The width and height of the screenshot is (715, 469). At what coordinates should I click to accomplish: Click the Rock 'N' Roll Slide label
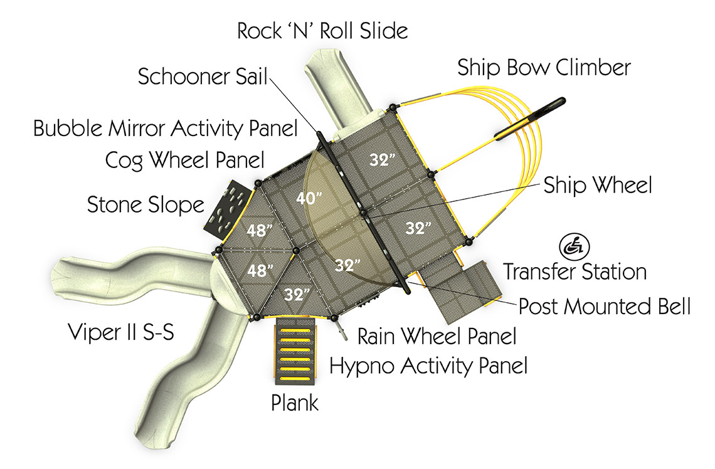pyautogui.click(x=322, y=31)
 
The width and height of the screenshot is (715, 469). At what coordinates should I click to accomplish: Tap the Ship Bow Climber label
pyautogui.click(x=544, y=67)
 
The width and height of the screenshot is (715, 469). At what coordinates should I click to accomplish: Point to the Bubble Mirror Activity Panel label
pyautogui.click(x=165, y=129)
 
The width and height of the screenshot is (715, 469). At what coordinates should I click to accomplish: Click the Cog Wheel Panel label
pyautogui.click(x=184, y=160)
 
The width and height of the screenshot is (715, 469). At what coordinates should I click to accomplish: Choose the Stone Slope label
pyautogui.click(x=146, y=204)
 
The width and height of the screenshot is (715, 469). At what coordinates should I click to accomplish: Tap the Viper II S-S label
pyautogui.click(x=120, y=334)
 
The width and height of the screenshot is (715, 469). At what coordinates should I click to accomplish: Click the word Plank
pyautogui.click(x=295, y=403)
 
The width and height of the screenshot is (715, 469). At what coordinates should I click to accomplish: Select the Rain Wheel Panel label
pyautogui.click(x=437, y=336)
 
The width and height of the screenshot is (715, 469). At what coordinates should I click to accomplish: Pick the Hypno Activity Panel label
pyautogui.click(x=428, y=365)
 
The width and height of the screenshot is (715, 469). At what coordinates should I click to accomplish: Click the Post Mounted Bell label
pyautogui.click(x=605, y=307)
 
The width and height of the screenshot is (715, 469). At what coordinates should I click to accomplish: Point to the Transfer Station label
pyautogui.click(x=575, y=272)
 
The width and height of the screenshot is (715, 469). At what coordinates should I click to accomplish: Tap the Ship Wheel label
pyautogui.click(x=598, y=185)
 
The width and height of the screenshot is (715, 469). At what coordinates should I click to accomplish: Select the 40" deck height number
pyautogui.click(x=310, y=198)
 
